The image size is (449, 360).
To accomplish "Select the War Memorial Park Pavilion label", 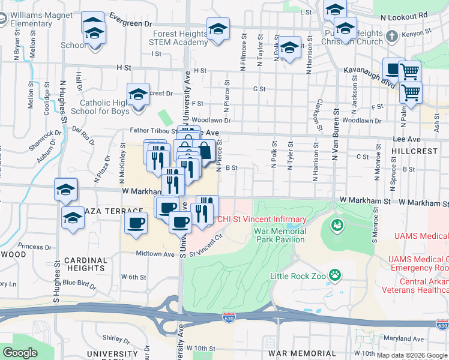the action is pyautogui.click(x=280, y=235).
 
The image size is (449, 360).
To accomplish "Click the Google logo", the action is pyautogui.click(x=20, y=353).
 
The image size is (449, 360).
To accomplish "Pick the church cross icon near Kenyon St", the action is pyautogui.click(x=392, y=37).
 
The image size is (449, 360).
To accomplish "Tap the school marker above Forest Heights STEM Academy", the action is pyautogui.click(x=218, y=29).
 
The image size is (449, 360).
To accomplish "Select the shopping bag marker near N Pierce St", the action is pyautogui.click(x=204, y=151).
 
